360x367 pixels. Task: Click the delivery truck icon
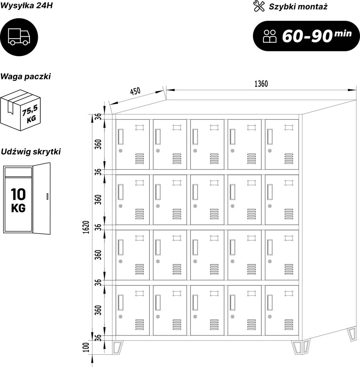19,37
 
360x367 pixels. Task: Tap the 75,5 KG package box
21,110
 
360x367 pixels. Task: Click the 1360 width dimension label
261,84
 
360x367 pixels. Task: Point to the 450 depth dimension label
135,91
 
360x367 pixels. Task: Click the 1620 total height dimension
86,227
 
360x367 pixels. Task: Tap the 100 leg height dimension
86,347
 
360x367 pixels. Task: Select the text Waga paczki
26,77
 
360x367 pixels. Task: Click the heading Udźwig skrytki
31,152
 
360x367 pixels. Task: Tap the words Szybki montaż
298,7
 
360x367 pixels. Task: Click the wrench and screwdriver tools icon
259,6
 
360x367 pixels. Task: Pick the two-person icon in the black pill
270,36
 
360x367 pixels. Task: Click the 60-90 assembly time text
307,36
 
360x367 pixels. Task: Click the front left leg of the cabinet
117,347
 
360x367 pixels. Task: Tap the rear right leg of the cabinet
352,334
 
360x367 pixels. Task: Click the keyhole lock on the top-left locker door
121,151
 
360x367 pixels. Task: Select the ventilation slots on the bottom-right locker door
289,325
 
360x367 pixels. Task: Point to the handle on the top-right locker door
270,136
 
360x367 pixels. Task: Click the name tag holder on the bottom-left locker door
140,293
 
